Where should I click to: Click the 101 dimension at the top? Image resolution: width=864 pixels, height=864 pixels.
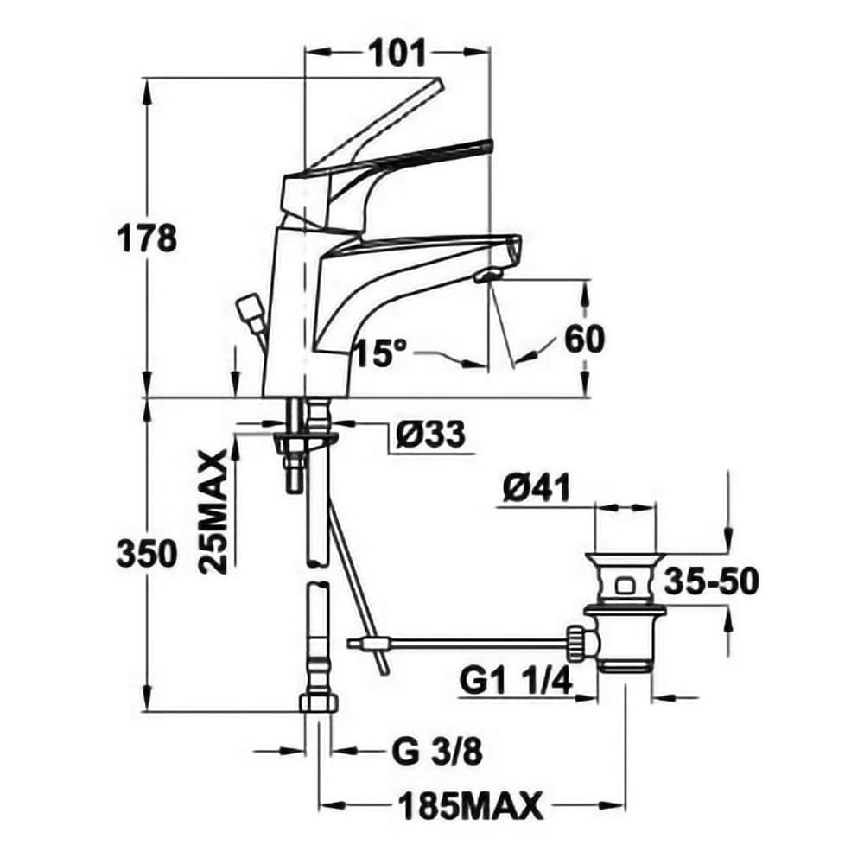[397, 54]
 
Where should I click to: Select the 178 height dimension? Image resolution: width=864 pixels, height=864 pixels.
[147, 239]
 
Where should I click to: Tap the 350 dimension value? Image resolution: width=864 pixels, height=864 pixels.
[147, 554]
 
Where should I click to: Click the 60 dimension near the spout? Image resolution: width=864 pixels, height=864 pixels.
[585, 339]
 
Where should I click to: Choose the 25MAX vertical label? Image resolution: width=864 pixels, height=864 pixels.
[213, 513]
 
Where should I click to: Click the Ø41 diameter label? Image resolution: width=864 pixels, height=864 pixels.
[536, 487]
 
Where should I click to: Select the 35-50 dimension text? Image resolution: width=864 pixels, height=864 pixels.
[711, 581]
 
